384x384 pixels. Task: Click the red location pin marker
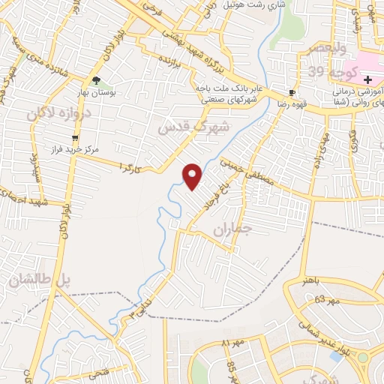point(193,176)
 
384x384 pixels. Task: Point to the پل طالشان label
point(39,281)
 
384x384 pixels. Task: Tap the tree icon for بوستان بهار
point(96,80)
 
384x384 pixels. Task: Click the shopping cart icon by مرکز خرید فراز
point(75,138)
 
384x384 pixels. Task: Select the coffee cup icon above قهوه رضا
point(291,93)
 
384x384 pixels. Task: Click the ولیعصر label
point(323,49)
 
